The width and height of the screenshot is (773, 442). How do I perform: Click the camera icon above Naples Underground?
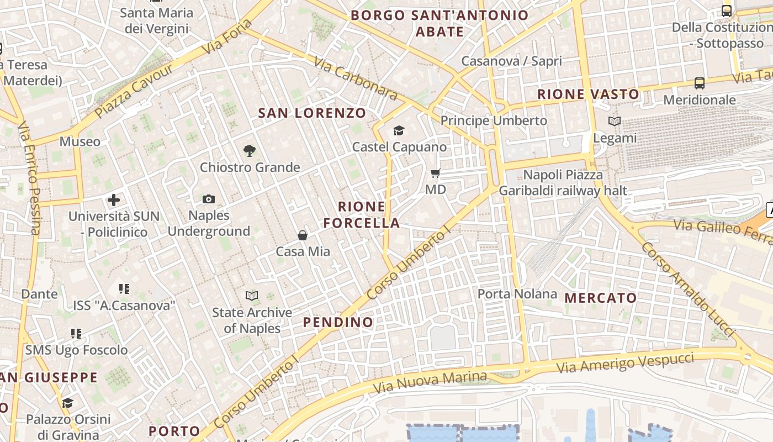click(209, 199)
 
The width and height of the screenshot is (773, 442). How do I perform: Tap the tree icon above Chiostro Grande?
click(250, 150)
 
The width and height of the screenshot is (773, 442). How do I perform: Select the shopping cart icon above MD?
click(436, 173)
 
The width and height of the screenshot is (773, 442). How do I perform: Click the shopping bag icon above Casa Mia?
click(303, 235)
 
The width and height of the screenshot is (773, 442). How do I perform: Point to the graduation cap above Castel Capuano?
click(399, 130)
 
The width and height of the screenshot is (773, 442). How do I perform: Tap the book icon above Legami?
click(615, 121)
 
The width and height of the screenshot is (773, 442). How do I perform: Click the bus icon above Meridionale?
click(700, 83)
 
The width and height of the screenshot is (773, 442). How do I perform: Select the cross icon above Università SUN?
click(114, 199)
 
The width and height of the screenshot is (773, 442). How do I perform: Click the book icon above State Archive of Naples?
click(252, 296)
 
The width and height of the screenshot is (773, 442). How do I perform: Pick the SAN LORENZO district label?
click(312, 113)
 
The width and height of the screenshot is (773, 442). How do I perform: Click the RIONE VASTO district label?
click(589, 94)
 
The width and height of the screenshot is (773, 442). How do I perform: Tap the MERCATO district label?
click(601, 298)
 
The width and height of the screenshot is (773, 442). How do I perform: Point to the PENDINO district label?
click(338, 322)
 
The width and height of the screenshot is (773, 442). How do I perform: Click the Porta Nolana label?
click(517, 294)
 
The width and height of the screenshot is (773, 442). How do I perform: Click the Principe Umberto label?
click(494, 120)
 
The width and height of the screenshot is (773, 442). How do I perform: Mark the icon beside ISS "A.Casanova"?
click(124, 288)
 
